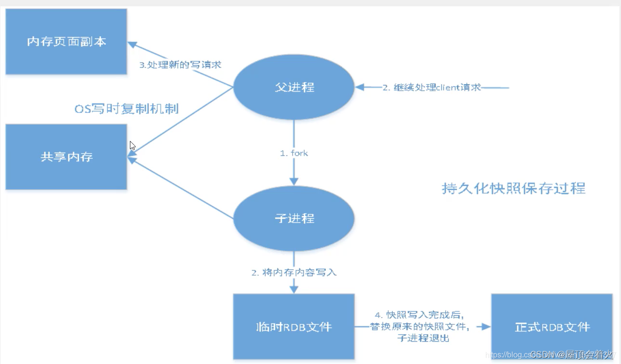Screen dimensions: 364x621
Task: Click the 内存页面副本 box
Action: (66, 42)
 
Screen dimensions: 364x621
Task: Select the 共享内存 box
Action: (66, 157)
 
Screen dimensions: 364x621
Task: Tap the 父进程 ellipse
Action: (294, 87)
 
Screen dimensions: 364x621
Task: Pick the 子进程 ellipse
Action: (294, 219)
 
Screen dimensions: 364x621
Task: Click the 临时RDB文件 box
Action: (294, 326)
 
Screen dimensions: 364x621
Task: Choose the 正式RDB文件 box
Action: (552, 326)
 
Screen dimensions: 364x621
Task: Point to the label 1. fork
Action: (294, 153)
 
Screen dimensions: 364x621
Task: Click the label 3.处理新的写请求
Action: (180, 64)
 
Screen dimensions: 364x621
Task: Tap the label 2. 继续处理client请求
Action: (432, 88)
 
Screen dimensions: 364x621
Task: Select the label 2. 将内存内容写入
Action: (294, 273)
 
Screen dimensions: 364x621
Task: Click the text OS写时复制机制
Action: (127, 109)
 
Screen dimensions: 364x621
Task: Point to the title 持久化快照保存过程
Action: (513, 188)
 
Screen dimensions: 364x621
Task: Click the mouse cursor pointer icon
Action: (132, 145)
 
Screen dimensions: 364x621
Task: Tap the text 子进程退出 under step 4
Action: (423, 338)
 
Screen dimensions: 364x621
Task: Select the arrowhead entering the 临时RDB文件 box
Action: (294, 289)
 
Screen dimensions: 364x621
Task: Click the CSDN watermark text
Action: (543, 355)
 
